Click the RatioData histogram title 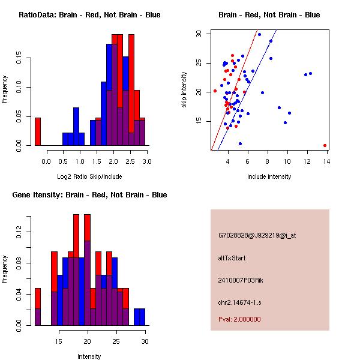pyautogui.click(x=89, y=15)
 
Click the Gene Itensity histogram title pyautogui.click(x=89, y=195)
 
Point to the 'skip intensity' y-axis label pyautogui.click(x=184, y=90)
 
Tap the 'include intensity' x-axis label pyautogui.click(x=269, y=176)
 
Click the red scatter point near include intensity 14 pyautogui.click(x=325, y=145)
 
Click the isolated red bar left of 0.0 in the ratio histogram pyautogui.click(x=38, y=131)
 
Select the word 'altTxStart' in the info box pyautogui.click(x=232, y=258)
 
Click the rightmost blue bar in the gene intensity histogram pyautogui.click(x=139, y=317)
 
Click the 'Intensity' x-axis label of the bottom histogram pyautogui.click(x=89, y=356)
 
